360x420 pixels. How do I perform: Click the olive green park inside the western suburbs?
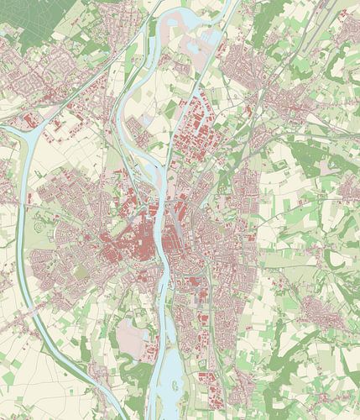pos(81,271)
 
